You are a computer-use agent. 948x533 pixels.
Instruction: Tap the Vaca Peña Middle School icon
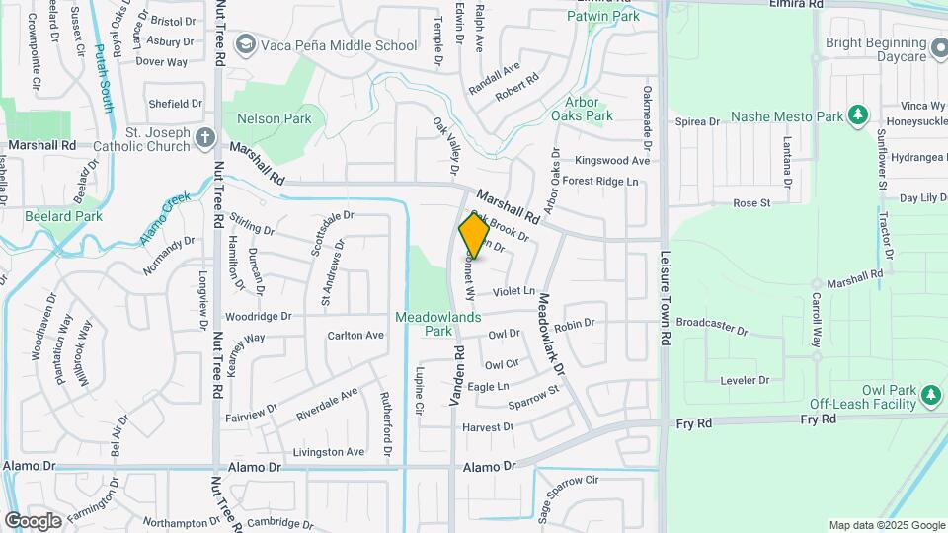pyautogui.click(x=245, y=45)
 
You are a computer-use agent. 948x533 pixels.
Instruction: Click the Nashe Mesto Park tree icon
pyautogui.click(x=858, y=116)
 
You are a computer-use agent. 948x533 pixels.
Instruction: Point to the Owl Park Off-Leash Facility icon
pyautogui.click(x=930, y=395)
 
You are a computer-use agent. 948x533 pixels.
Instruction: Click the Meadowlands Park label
pyautogui.click(x=438, y=324)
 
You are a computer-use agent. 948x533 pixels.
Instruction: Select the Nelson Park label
pyautogui.click(x=274, y=119)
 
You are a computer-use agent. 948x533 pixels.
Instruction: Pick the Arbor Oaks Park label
pyautogui.click(x=589, y=109)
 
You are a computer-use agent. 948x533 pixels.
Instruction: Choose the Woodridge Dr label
pyautogui.click(x=259, y=317)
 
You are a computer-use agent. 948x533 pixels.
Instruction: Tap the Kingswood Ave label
pyautogui.click(x=612, y=160)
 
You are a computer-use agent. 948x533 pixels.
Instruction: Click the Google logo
pyautogui.click(x=34, y=520)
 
